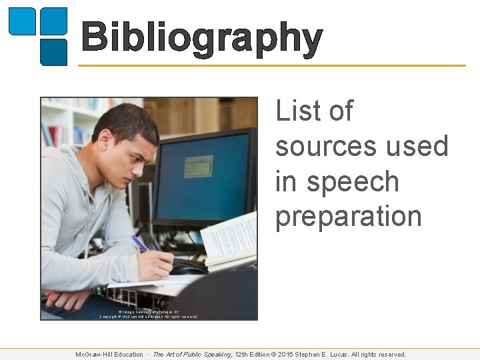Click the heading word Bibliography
[x=202, y=39]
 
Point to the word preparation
[x=349, y=217]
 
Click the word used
[x=419, y=146]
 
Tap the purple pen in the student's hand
[x=140, y=243]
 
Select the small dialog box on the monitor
[x=198, y=166]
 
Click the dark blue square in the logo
[x=53, y=52]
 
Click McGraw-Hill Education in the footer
[x=109, y=355]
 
